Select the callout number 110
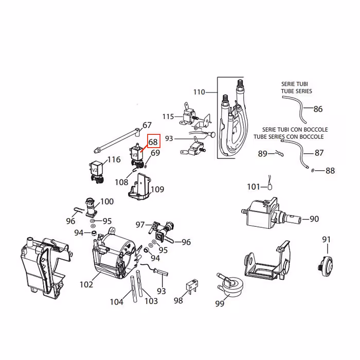(199, 92)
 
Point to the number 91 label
(327, 239)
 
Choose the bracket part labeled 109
(139, 187)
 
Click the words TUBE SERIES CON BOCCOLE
(289, 137)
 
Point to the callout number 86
(318, 109)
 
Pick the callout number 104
(117, 302)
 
